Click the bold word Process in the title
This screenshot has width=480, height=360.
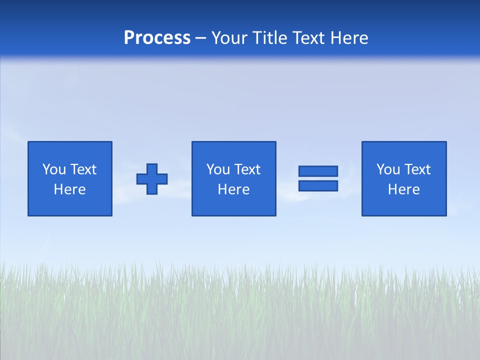(x=157, y=38)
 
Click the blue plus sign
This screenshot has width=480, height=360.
(x=152, y=178)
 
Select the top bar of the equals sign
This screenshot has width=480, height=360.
(x=318, y=171)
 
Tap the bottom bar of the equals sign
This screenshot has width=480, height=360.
(x=318, y=185)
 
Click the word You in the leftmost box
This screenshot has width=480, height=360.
(x=54, y=169)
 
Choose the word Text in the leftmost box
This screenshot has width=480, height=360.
(x=82, y=169)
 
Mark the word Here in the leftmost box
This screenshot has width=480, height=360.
(x=70, y=189)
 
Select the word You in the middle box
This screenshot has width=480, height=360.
(x=218, y=169)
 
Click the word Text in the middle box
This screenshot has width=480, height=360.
(x=246, y=169)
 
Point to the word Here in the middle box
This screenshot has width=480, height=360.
(x=234, y=189)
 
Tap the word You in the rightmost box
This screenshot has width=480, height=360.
(x=388, y=169)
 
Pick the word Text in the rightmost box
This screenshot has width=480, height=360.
(x=416, y=169)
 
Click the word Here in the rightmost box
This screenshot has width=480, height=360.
(x=404, y=189)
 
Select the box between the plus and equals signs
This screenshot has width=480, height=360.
(x=234, y=205)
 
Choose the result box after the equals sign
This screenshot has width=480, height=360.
(x=404, y=205)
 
